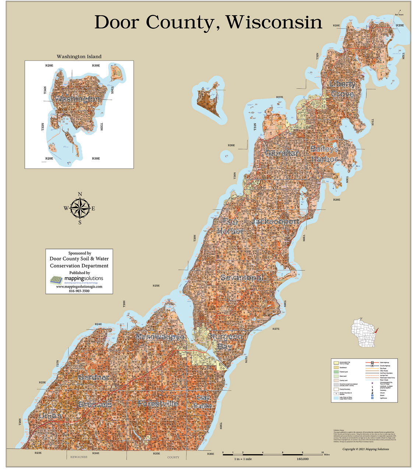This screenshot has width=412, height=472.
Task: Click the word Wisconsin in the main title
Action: pos(274,22)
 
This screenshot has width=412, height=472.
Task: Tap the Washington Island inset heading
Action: pos(79,56)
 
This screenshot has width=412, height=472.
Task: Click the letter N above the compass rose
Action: pos(80,195)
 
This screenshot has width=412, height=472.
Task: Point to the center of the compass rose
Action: pos(80,208)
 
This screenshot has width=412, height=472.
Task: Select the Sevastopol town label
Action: pos(242,278)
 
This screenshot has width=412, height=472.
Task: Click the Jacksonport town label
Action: pos(275,222)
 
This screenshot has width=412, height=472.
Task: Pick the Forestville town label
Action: pos(158,404)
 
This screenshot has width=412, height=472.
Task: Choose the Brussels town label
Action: pos(95,405)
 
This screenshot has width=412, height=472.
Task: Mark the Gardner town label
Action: pos(94,378)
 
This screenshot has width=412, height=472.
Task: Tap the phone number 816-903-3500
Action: pos(79,291)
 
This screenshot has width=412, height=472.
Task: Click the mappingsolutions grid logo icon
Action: pos(56,280)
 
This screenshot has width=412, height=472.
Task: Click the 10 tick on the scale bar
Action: pos(323,452)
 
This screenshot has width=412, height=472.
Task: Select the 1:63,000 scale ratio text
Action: pos(302,459)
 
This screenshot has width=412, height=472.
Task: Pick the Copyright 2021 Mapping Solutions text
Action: pos(365,449)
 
